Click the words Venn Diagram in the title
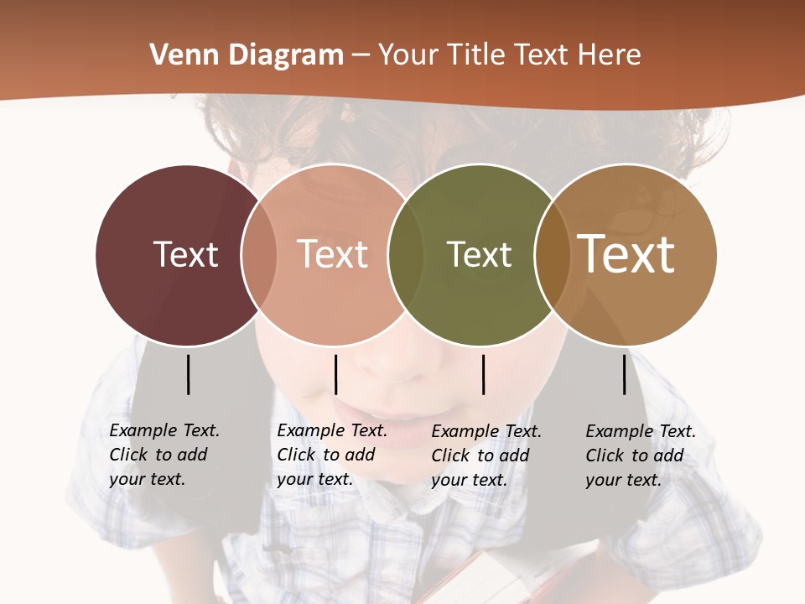pyautogui.click(x=247, y=55)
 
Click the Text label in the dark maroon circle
pyautogui.click(x=185, y=254)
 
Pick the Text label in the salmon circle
pyautogui.click(x=332, y=254)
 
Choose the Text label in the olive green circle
pyautogui.click(x=479, y=254)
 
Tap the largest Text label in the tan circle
pyautogui.click(x=626, y=254)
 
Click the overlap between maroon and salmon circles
pyautogui.click(x=259, y=254)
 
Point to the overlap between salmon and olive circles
pyautogui.click(x=406, y=254)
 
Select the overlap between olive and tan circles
pyautogui.click(x=552, y=254)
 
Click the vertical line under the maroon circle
pyautogui.click(x=189, y=374)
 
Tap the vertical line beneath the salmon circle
pyautogui.click(x=335, y=374)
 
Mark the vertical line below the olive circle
pyautogui.click(x=484, y=374)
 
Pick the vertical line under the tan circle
pyautogui.click(x=625, y=374)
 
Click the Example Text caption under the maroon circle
pyautogui.click(x=164, y=455)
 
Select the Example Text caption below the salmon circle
pyautogui.click(x=332, y=455)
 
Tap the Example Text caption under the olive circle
pyautogui.click(x=486, y=456)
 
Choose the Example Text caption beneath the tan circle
pyautogui.click(x=641, y=456)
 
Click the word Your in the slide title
pyautogui.click(x=408, y=55)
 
